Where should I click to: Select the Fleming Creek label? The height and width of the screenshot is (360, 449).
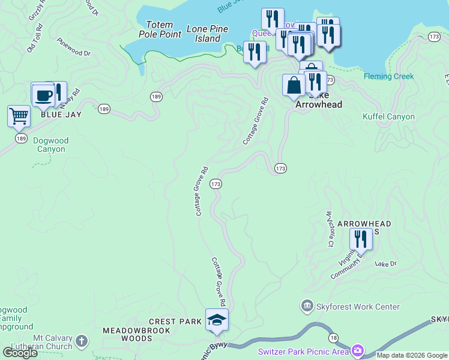(x=388, y=76)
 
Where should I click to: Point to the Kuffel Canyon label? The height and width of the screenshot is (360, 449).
(x=388, y=116)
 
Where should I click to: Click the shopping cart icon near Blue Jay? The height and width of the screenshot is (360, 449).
(x=19, y=115)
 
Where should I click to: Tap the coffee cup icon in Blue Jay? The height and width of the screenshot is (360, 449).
(x=43, y=94)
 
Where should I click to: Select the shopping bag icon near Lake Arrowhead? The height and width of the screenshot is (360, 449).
(x=294, y=85)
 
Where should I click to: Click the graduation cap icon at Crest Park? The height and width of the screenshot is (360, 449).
(x=217, y=319)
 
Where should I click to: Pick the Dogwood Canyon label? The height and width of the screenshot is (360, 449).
(x=51, y=145)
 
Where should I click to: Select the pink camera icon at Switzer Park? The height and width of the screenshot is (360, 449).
(x=358, y=350)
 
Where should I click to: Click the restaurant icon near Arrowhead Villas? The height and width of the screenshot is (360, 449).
(x=361, y=239)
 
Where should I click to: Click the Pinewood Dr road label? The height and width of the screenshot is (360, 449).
(x=73, y=48)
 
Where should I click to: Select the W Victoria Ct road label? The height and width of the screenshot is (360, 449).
(x=329, y=229)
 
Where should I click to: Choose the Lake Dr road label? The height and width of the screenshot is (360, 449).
(x=386, y=263)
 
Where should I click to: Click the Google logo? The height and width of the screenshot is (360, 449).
(x=20, y=352)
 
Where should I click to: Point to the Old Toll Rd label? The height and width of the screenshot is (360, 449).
(x=34, y=37)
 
